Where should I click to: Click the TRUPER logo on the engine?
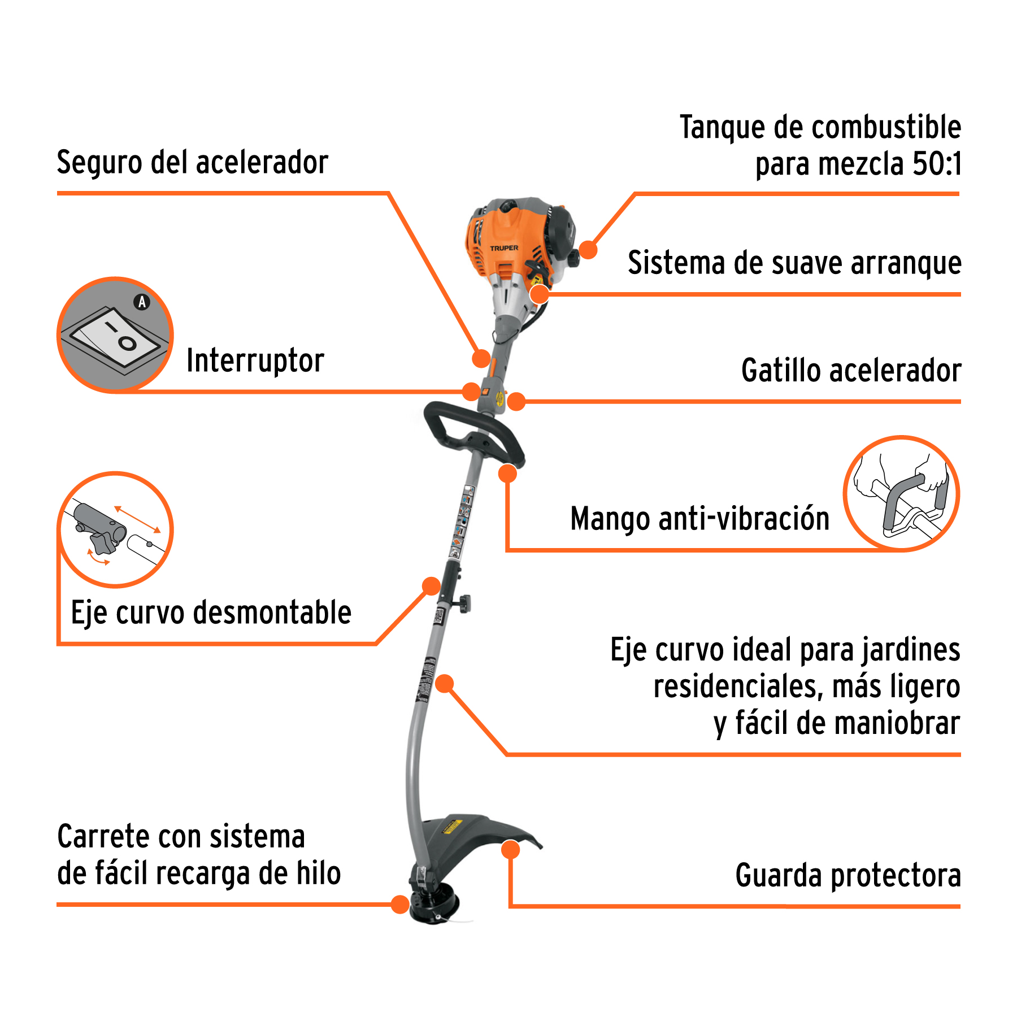[x=504, y=248]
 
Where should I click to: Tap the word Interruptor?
[x=255, y=360]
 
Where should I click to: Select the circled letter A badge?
[x=142, y=302]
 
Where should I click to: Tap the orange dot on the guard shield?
[x=511, y=850]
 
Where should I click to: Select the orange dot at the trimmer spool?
[x=400, y=905]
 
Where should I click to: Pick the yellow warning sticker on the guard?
[x=453, y=827]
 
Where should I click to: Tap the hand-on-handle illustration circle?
[x=901, y=493]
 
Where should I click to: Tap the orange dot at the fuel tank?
[x=588, y=250]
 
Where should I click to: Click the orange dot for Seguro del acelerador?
[x=481, y=358]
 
